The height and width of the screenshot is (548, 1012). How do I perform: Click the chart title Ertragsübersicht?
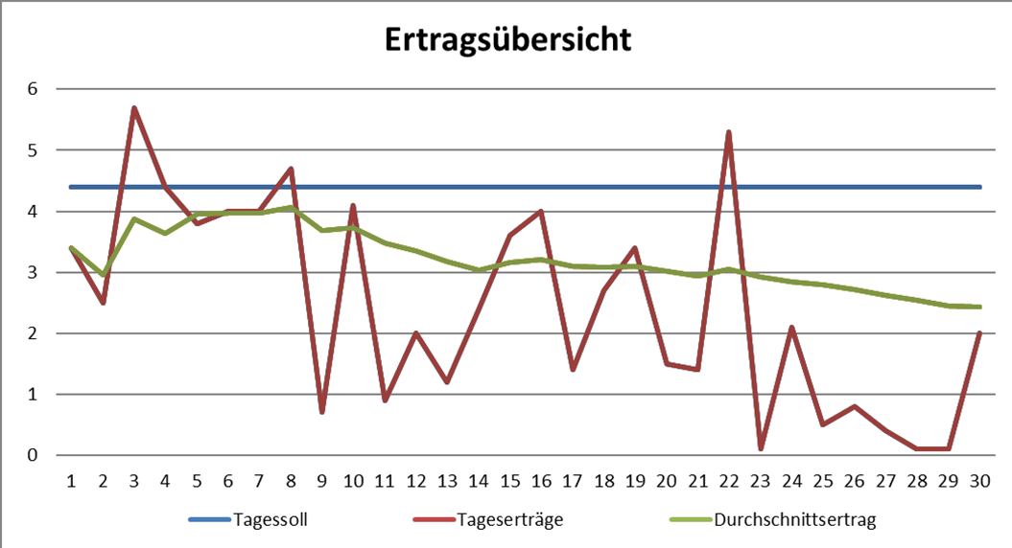[507, 39]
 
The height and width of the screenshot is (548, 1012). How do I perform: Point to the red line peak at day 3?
[134, 107]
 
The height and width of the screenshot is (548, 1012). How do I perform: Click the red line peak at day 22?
[730, 132]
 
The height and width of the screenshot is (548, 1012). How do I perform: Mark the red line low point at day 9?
[322, 412]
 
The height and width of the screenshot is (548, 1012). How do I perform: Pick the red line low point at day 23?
[761, 448]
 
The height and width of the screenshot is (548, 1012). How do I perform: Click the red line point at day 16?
[542, 211]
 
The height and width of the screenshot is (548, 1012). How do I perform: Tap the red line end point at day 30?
[980, 332]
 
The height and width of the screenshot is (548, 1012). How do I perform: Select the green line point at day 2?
[103, 275]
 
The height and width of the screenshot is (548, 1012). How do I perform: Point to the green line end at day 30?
[980, 307]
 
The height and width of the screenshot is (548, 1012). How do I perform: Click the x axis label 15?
[510, 478]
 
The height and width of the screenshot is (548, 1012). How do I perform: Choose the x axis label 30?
[980, 478]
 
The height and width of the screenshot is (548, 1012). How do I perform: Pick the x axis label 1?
[71, 478]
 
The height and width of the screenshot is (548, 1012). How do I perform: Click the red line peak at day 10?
[354, 205]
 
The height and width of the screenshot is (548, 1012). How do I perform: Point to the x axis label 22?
[730, 478]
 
